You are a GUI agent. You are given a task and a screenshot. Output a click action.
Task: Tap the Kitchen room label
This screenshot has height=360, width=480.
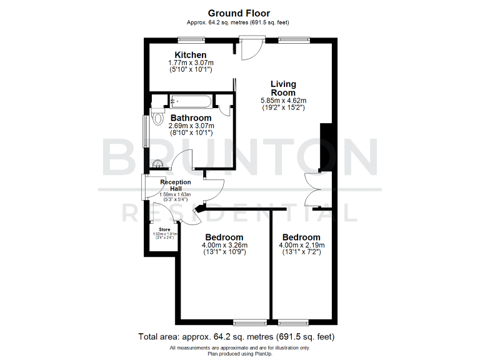(191, 55)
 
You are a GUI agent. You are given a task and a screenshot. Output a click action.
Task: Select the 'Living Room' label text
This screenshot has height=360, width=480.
(283, 88)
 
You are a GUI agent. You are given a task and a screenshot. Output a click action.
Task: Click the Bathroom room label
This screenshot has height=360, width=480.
(191, 117)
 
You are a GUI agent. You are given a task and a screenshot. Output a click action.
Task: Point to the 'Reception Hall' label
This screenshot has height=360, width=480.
(175, 185)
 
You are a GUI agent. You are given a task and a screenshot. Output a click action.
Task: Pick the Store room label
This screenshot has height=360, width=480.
(163, 229)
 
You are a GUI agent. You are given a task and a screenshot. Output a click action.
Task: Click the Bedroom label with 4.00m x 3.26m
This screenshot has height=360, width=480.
(224, 237)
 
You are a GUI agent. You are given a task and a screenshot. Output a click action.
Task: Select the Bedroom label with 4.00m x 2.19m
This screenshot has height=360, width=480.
(301, 237)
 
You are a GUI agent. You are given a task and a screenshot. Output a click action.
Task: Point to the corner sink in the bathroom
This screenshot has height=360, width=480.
(160, 164)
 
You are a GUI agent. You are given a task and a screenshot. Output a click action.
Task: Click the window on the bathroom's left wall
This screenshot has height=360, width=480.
(146, 130)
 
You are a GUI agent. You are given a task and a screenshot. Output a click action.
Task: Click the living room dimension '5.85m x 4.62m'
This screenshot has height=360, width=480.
(283, 100)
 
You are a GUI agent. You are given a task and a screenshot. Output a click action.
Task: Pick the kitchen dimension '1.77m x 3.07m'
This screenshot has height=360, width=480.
(191, 63)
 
